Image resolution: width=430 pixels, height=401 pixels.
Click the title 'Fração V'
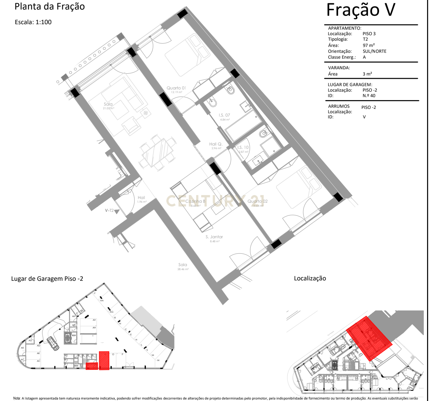coord(361,10)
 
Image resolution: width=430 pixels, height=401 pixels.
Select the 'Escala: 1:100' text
coord(33,22)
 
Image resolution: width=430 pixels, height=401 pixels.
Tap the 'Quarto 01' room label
coord(176,88)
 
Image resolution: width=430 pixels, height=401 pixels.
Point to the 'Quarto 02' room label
coord(258,201)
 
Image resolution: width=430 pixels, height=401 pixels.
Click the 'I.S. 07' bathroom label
coord(224,115)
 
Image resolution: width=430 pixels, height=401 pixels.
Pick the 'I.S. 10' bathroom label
coord(243,147)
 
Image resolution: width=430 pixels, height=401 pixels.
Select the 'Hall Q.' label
coord(216,144)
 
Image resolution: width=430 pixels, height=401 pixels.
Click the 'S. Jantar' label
coord(214,237)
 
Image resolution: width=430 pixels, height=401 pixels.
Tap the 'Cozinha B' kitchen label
coord(195,201)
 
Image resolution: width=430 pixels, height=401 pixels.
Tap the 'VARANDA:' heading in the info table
coord(339,68)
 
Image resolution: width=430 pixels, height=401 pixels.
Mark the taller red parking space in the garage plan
coord(104,361)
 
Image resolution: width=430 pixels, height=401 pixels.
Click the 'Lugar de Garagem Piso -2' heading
coord(47,279)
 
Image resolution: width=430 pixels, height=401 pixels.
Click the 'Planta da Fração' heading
coord(49,7)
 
